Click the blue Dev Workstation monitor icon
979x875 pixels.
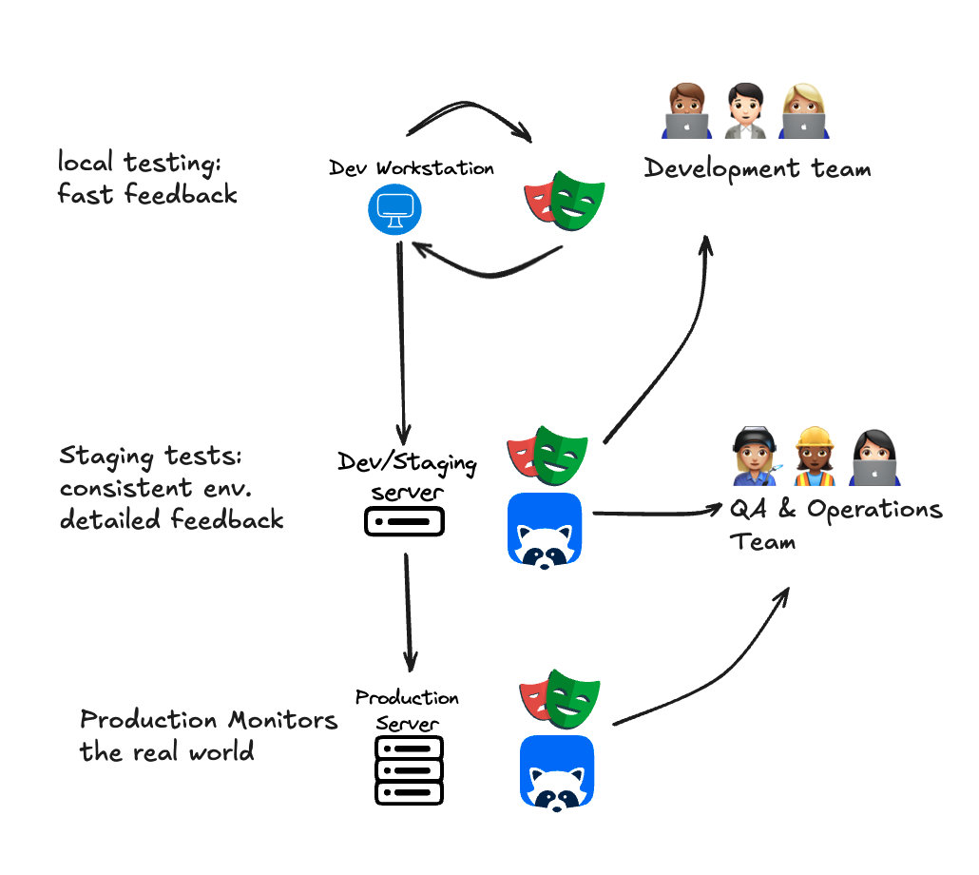click(394, 210)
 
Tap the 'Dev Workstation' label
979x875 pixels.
click(412, 168)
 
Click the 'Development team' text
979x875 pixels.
click(758, 169)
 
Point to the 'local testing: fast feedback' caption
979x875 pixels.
click(146, 179)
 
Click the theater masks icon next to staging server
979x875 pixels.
click(547, 456)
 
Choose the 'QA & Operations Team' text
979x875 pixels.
click(835, 524)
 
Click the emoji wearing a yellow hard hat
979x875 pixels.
click(815, 455)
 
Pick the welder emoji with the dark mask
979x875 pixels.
click(756, 455)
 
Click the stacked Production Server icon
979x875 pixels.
click(410, 769)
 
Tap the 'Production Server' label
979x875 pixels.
click(407, 710)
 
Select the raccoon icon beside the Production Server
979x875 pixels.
click(557, 772)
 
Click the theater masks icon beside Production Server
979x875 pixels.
click(561, 699)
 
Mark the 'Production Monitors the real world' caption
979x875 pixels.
click(208, 735)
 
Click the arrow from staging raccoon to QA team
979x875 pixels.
click(656, 514)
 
